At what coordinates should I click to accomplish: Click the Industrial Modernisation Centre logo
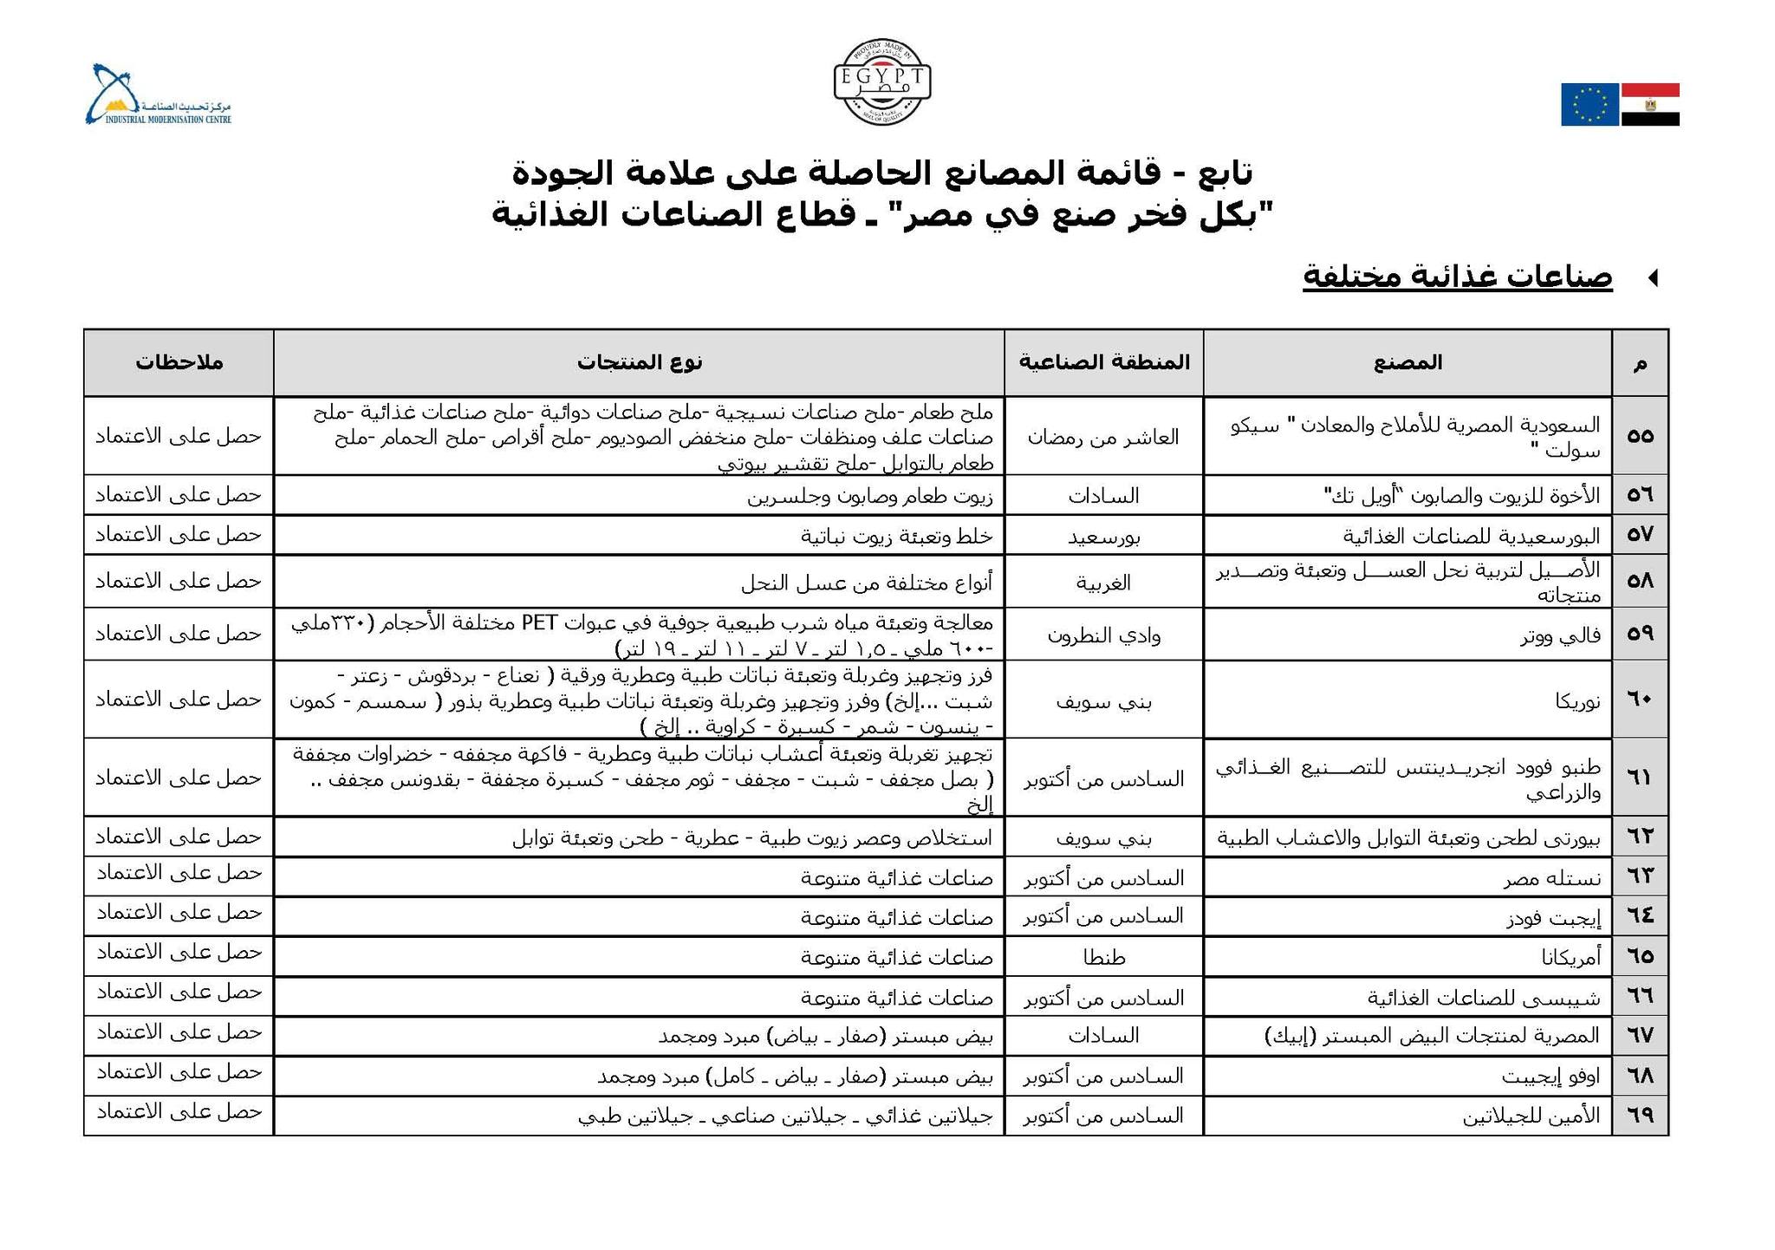pos(158,94)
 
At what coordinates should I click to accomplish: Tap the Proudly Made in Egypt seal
pos(882,81)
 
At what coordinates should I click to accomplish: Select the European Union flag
pos(1590,105)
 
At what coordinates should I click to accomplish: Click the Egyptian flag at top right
pos(1650,105)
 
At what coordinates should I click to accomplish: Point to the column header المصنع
pos(1408,362)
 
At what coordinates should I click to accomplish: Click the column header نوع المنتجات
pos(640,362)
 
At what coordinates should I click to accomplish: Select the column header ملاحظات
pos(179,362)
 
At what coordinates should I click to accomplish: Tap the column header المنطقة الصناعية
pos(1103,362)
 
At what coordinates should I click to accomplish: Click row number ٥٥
pos(1640,436)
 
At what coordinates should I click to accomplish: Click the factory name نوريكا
pos(1577,700)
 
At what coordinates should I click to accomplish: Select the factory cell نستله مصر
pos(1551,878)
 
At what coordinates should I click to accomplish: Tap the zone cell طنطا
pos(1103,957)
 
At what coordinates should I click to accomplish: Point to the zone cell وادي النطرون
pos(1103,635)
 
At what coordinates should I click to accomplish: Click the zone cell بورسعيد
pos(1103,537)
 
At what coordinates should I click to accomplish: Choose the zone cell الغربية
pos(1103,583)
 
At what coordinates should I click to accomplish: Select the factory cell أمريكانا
pos(1570,957)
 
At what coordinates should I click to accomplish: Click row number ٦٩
pos(1640,1116)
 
